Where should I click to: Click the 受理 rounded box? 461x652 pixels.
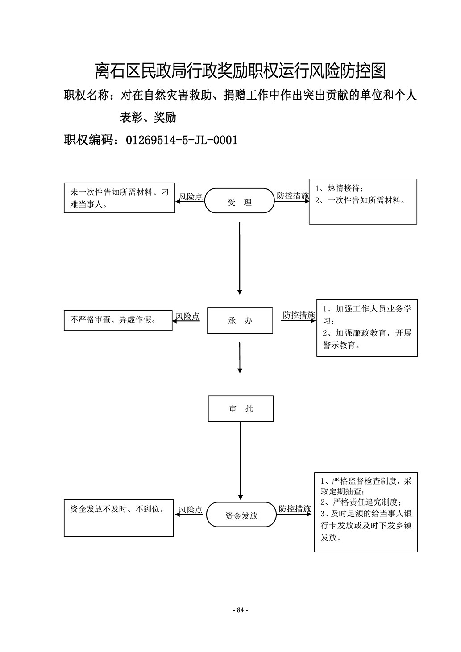tap(239, 200)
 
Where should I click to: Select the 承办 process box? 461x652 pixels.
tap(240, 320)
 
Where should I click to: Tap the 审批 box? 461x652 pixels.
tap(241, 408)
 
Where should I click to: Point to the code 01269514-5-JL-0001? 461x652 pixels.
tap(182, 140)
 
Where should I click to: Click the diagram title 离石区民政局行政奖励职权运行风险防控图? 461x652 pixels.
tap(241, 71)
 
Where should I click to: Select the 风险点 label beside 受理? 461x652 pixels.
tap(191, 196)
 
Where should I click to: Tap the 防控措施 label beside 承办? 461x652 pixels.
tap(299, 315)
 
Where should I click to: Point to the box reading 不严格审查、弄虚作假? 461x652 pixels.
tap(118, 320)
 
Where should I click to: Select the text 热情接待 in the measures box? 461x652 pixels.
tap(344, 188)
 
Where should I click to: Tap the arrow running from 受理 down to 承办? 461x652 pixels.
tap(240, 258)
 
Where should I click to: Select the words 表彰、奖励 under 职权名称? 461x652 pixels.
tap(148, 117)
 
